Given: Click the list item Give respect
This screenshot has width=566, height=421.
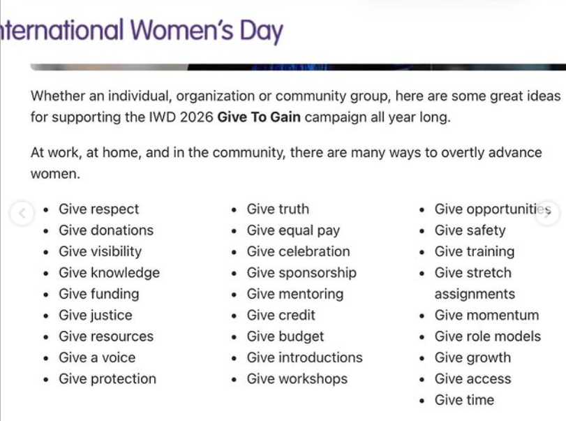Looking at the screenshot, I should (x=98, y=209).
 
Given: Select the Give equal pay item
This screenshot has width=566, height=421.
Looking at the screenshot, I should (x=293, y=230).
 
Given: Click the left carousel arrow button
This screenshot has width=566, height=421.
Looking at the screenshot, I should (x=22, y=214).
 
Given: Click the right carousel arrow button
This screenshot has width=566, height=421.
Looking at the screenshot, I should (x=548, y=214).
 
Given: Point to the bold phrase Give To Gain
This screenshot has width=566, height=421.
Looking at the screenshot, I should (x=259, y=117).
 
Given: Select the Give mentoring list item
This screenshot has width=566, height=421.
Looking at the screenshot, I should (x=295, y=294).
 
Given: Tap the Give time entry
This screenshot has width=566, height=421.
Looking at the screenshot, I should (x=464, y=400).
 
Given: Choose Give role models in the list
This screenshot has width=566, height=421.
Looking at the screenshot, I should (x=487, y=337).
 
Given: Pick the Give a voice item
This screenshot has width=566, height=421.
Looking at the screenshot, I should (x=97, y=357).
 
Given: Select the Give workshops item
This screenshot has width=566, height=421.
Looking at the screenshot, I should (x=297, y=379).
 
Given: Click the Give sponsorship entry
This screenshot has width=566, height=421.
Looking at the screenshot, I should (x=301, y=273).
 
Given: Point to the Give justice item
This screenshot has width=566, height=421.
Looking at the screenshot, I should (x=95, y=316).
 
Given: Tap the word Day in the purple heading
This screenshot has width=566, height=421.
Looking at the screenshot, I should (x=261, y=31).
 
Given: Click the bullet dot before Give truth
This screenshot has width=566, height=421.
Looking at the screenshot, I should (x=234, y=210).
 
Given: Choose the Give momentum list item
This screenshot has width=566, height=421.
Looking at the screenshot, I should (x=486, y=316).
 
